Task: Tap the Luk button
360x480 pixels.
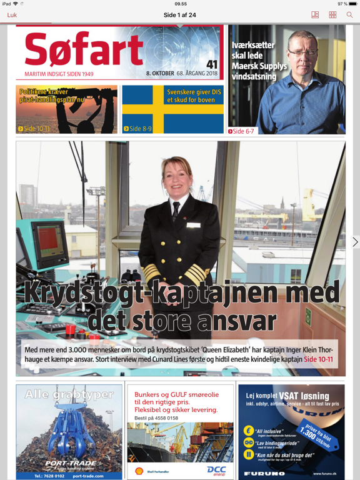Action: pos(12,15)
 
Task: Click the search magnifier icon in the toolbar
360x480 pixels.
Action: pos(349,15)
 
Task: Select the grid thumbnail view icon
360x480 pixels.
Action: pos(332,15)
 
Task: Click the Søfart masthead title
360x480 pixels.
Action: pos(84,49)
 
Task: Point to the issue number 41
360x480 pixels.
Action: pos(212,64)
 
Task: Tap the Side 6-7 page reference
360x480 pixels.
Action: pos(242,131)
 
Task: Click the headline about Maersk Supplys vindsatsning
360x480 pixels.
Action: pos(259,61)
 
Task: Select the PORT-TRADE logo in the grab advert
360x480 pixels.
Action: pos(70,464)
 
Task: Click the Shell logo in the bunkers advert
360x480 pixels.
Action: pos(139,470)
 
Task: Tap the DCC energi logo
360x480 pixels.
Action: pos(216,470)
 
